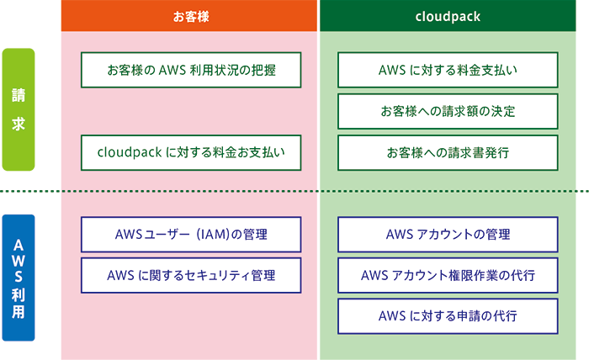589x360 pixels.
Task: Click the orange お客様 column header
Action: coord(190,16)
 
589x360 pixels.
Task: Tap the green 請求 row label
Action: coord(18,109)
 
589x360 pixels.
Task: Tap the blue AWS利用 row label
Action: coord(18,278)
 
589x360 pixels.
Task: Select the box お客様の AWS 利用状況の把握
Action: coord(191,71)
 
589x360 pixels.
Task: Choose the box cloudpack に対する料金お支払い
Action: coord(191,152)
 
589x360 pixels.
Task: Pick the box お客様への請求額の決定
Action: coord(448,111)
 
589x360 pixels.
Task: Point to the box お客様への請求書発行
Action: coord(448,152)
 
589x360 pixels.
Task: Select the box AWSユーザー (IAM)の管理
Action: coord(191,234)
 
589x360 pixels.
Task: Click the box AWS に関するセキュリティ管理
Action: coord(191,274)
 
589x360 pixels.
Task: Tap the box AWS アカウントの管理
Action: coord(448,234)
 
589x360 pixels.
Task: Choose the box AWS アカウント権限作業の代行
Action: coord(448,274)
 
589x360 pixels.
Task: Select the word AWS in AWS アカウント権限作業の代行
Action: coord(374,274)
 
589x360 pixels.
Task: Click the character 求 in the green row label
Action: coord(18,123)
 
